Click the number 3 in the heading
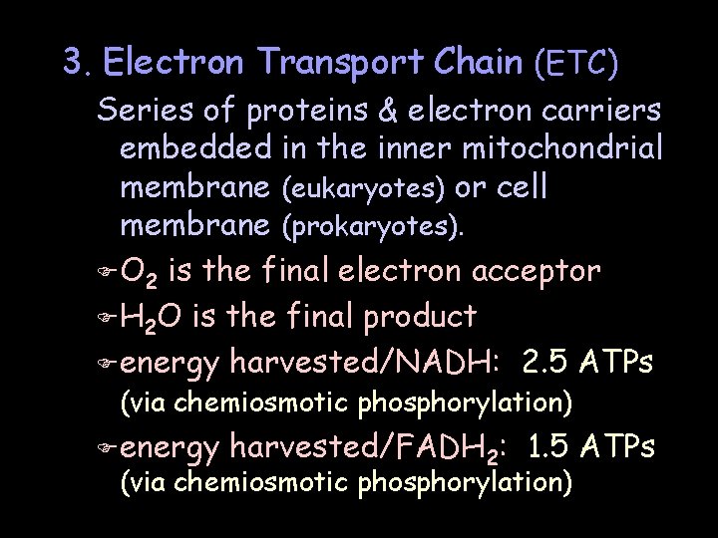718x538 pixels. coord(73,64)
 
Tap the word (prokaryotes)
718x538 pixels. coord(373,228)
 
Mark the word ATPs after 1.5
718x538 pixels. coord(623,448)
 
